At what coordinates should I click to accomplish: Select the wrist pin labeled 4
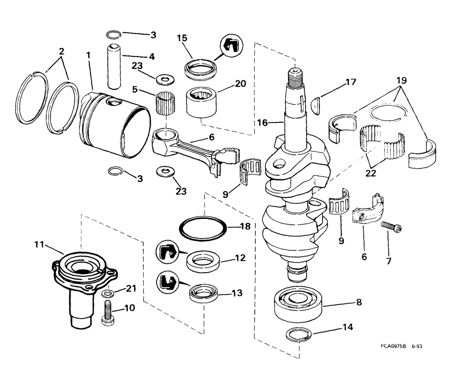point(113,66)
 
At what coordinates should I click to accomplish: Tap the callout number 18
point(244,226)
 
